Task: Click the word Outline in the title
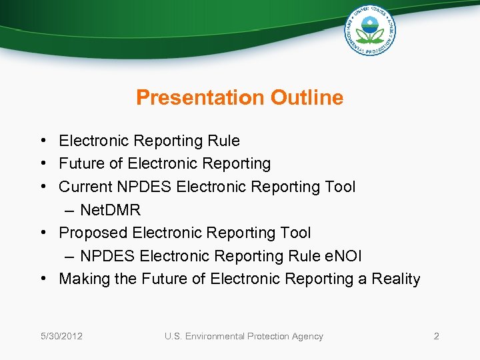pyautogui.click(x=307, y=98)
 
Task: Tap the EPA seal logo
pyautogui.click(x=370, y=31)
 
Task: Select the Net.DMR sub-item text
pyautogui.click(x=110, y=210)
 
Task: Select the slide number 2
pyautogui.click(x=436, y=336)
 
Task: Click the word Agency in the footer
pyautogui.click(x=307, y=336)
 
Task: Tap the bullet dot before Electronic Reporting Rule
pyautogui.click(x=42, y=141)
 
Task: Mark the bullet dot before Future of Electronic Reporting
pyautogui.click(x=42, y=163)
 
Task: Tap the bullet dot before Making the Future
pyautogui.click(x=42, y=279)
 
